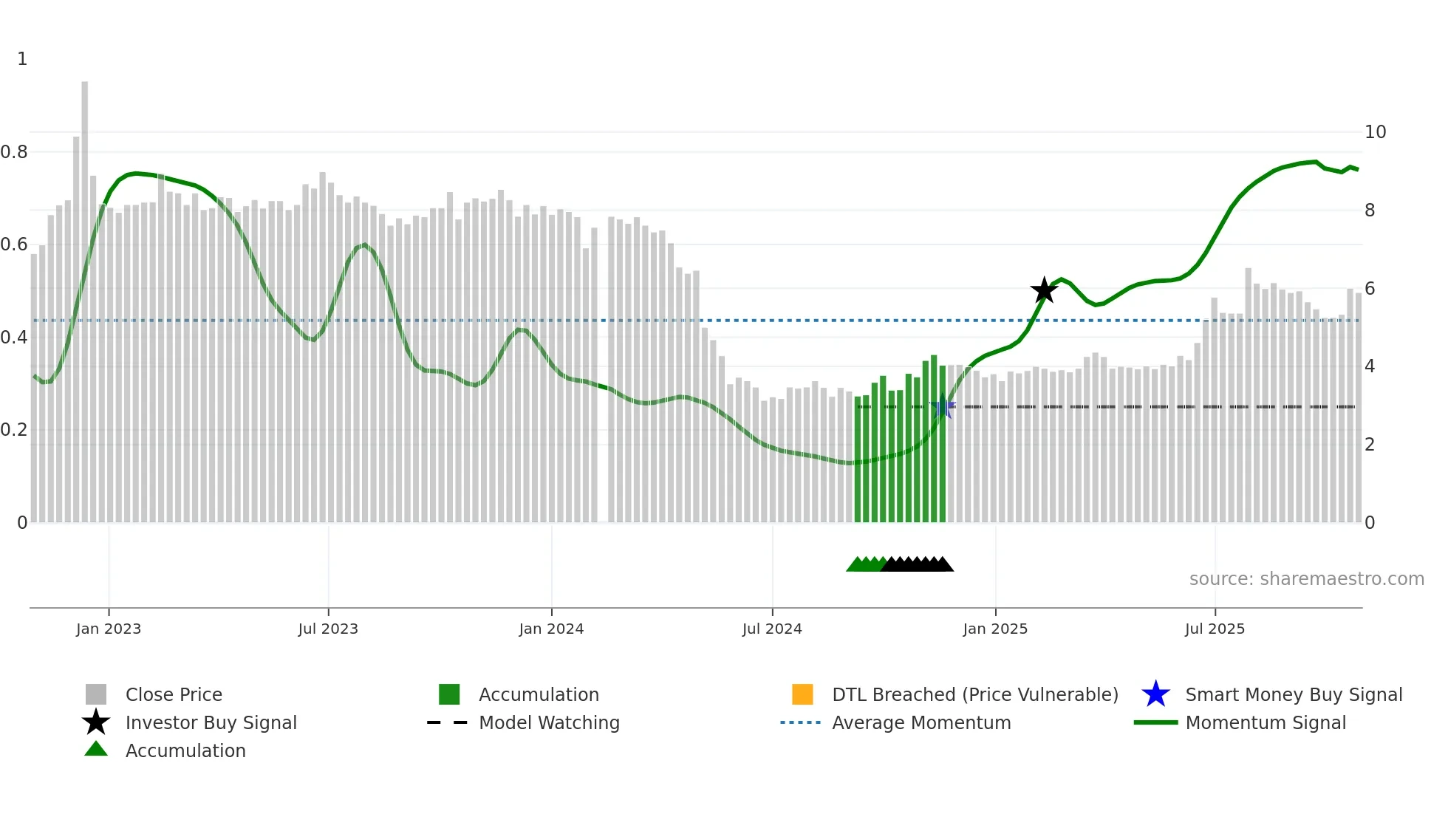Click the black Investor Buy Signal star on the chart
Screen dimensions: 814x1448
coord(1044,290)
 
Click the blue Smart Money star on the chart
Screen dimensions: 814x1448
coord(943,408)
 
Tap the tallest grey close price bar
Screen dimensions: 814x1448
coord(85,295)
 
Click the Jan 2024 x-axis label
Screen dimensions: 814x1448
coord(551,629)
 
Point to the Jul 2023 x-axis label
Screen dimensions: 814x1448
coord(328,629)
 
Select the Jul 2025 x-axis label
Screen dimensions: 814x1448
coord(1215,629)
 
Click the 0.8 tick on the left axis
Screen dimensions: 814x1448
coord(14,152)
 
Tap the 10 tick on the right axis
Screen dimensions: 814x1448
coord(1375,132)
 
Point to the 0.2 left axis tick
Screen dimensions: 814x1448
coord(14,430)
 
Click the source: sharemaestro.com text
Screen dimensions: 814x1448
coord(1306,579)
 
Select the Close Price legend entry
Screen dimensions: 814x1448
coord(174,695)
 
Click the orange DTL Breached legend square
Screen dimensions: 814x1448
coord(802,694)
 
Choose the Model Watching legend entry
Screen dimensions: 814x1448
coord(549,723)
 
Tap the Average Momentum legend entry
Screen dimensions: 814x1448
coord(921,723)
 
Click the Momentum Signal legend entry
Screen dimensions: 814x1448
coord(1266,723)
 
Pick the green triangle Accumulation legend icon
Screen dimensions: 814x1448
coord(96,750)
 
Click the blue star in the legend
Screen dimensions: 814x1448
coord(1155,694)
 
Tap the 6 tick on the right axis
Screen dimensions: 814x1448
coord(1370,289)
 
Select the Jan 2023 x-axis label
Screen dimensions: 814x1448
coord(109,629)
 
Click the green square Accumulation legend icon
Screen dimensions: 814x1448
coord(449,694)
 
